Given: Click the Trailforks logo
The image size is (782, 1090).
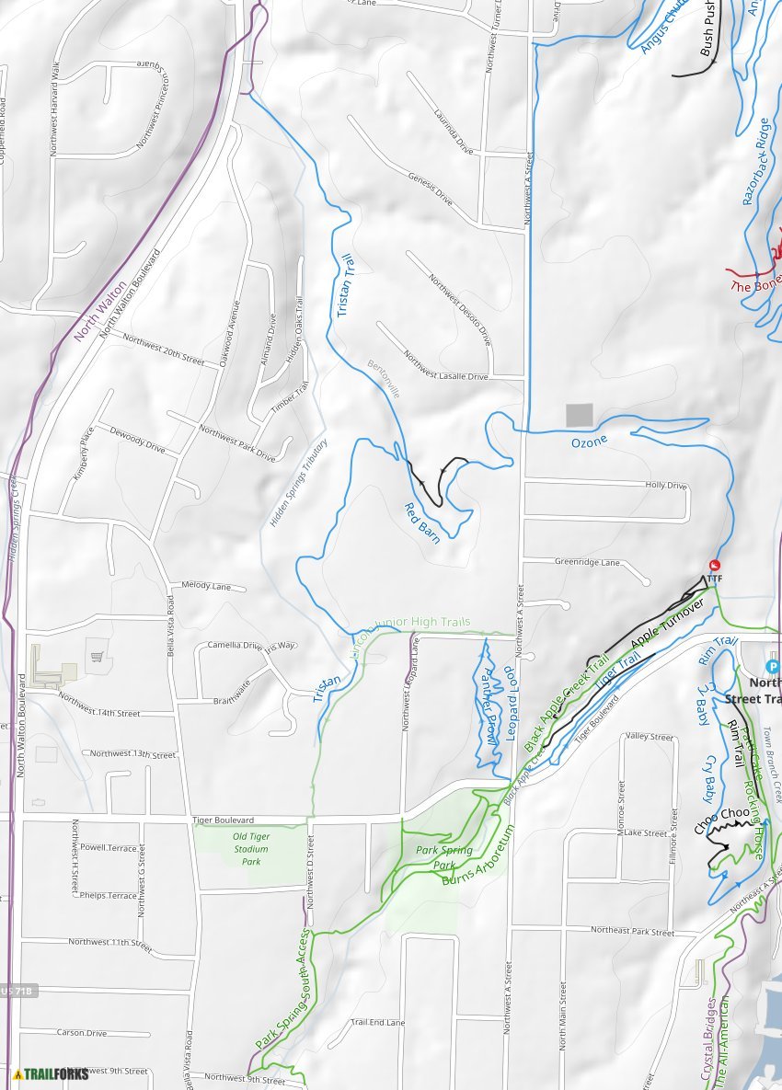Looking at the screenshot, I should [44, 1073].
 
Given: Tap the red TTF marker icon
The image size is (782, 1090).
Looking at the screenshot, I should [715, 565].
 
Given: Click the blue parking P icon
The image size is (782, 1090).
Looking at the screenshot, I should [773, 665].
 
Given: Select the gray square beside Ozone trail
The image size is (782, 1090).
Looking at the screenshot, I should [579, 415].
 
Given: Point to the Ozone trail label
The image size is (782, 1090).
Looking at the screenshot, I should [589, 442].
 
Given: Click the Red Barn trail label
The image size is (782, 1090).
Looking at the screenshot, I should [422, 522].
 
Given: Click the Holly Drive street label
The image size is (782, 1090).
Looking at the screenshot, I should [666, 485].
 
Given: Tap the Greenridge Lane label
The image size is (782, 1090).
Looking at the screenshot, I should [587, 562].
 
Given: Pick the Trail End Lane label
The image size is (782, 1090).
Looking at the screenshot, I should [377, 1022].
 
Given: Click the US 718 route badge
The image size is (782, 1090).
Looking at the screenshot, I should [17, 991].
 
